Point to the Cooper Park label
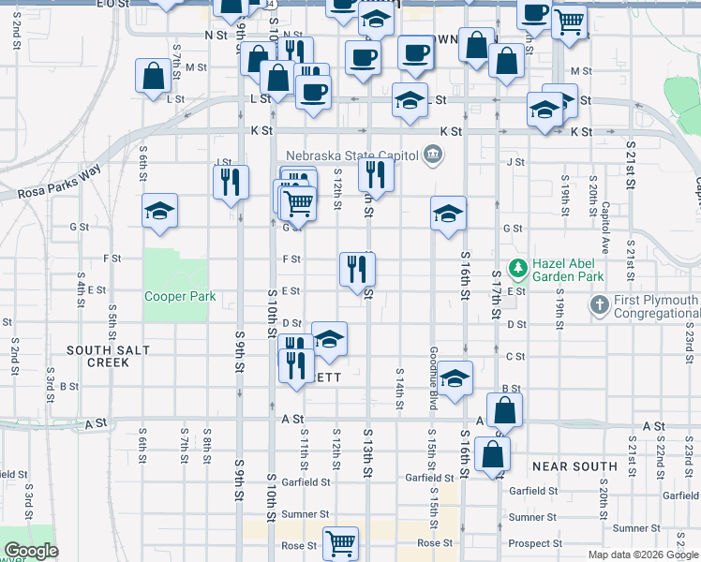pyautogui.click(x=180, y=297)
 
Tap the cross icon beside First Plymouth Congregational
pyautogui.click(x=599, y=304)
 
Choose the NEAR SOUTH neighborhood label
pyautogui.click(x=574, y=466)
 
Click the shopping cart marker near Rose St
pyautogui.click(x=340, y=542)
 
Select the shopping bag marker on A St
pyautogui.click(x=504, y=410)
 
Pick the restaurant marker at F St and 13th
pyautogui.click(x=357, y=270)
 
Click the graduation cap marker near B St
pyautogui.click(x=455, y=377)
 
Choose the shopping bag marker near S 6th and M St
pyautogui.click(x=152, y=76)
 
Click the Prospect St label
pyautogui.click(x=534, y=543)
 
